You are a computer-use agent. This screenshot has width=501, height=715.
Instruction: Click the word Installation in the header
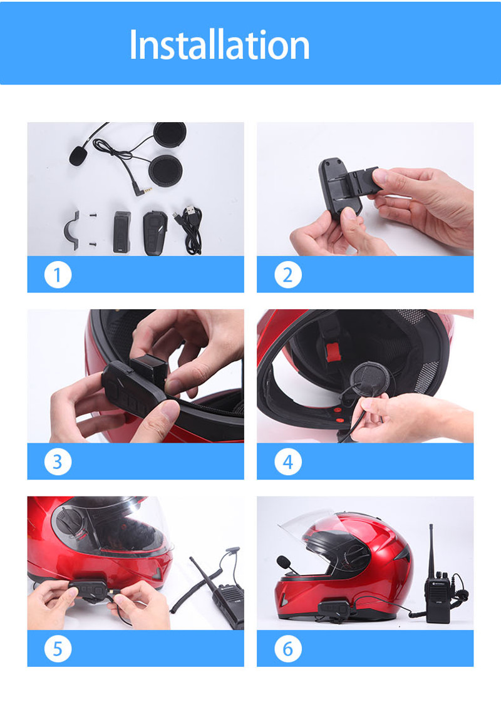(x=219, y=44)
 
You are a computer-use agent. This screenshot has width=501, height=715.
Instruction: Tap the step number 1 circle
(x=58, y=275)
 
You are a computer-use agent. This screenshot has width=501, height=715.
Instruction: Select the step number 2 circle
(x=288, y=275)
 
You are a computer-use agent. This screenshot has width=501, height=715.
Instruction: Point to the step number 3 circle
(x=58, y=461)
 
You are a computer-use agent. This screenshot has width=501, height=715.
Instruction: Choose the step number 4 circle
(x=288, y=461)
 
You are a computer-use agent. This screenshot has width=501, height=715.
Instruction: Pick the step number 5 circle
(x=58, y=649)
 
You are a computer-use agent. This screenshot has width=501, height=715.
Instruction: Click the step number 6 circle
(x=288, y=649)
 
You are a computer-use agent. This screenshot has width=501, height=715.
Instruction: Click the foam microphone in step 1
(x=78, y=155)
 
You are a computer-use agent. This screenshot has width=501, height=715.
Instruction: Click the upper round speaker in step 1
(x=169, y=136)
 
